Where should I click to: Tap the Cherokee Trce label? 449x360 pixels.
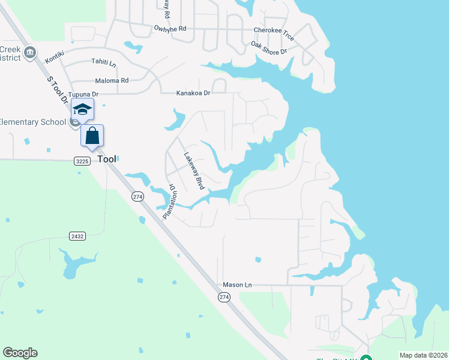(x=274, y=30)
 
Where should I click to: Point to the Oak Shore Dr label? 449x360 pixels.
(x=269, y=48)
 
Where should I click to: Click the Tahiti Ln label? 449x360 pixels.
(x=104, y=62)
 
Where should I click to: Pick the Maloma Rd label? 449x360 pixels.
(x=112, y=80)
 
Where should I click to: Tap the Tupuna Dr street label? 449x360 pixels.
(x=83, y=95)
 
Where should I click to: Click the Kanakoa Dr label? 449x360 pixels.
(x=193, y=93)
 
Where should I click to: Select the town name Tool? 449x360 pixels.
(x=107, y=160)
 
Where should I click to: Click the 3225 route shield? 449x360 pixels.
(x=82, y=161)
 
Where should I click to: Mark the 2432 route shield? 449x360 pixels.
(x=77, y=236)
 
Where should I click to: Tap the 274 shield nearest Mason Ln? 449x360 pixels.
(x=224, y=297)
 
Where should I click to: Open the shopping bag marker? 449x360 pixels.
(x=92, y=135)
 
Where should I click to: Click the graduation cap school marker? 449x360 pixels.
(x=82, y=109)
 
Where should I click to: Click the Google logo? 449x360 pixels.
(x=20, y=353)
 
